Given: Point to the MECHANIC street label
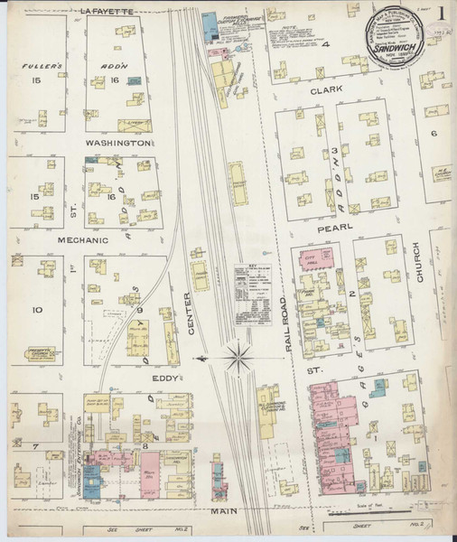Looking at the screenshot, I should tap(58, 240).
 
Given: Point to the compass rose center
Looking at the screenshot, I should tap(238, 359).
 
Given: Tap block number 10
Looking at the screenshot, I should tap(37, 310).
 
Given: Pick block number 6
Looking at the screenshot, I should tap(434, 134).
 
